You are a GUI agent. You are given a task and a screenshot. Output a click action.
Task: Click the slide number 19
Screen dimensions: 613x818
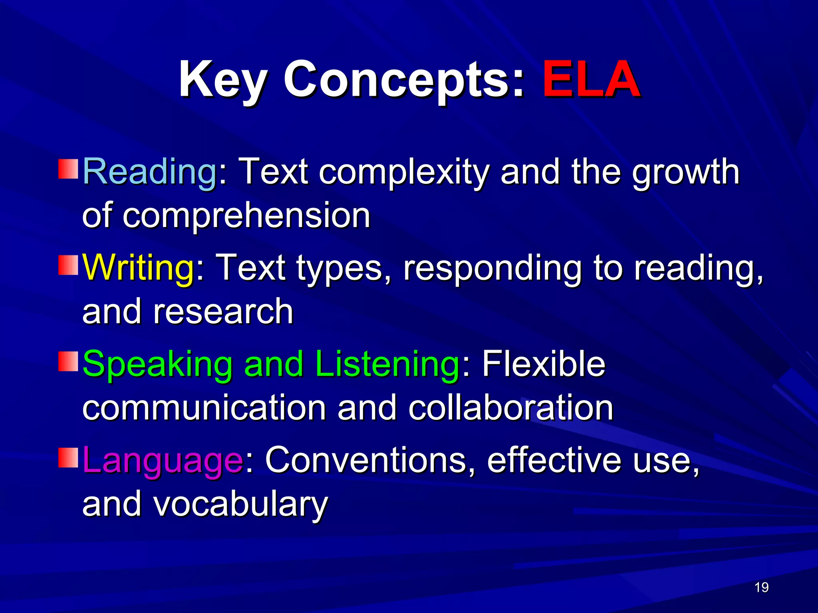pos(762,587)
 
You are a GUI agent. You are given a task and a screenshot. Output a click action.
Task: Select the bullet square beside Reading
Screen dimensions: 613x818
pos(68,169)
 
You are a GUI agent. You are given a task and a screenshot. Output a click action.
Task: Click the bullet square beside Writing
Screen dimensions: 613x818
pos(68,265)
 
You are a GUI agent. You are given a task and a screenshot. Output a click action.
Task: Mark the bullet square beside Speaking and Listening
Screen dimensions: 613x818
pos(68,362)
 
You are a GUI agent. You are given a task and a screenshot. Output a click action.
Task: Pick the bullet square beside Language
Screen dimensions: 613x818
pos(68,458)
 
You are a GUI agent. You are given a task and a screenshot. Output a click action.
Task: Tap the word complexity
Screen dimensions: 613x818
pos(404,172)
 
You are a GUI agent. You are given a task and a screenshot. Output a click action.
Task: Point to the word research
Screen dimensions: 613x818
pos(223,311)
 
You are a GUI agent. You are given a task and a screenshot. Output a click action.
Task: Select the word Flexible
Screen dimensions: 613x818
pos(544,364)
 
